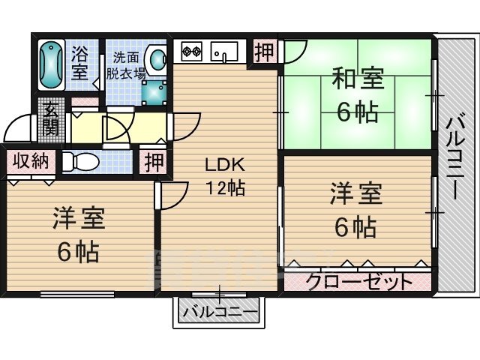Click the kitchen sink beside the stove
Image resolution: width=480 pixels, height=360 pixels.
(x=224, y=52)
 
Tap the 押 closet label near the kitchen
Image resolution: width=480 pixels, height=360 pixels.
(x=262, y=52)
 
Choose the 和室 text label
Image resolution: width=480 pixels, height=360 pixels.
(x=357, y=79)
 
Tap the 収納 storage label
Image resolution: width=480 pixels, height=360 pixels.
(x=30, y=160)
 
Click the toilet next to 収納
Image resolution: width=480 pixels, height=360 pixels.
(x=82, y=161)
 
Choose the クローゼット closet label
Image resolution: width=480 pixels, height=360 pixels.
(x=359, y=282)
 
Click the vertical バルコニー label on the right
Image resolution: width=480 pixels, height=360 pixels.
(x=454, y=155)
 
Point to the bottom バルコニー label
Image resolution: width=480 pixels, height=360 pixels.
(x=220, y=310)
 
